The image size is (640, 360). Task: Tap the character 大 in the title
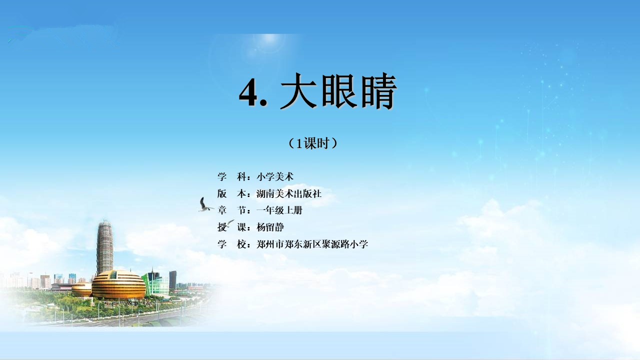coord(298,91)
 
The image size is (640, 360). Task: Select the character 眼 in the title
coord(339,91)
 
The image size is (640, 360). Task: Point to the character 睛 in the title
coord(379,91)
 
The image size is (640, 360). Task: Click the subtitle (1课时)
coord(313,143)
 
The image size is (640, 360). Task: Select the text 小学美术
coord(275,177)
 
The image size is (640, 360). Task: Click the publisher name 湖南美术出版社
coord(289,193)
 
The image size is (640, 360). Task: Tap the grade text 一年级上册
coord(279,210)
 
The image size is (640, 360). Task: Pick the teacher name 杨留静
coord(270,227)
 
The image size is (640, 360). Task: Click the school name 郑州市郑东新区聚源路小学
coord(312,244)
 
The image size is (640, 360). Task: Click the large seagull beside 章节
coord(204,205)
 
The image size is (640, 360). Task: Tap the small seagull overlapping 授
coord(229,223)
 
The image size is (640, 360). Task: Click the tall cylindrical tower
coord(105,247)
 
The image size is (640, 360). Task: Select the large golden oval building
coord(119,284)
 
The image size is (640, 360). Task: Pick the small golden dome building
coord(81,289)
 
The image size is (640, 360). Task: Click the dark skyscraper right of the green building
coord(173,280)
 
